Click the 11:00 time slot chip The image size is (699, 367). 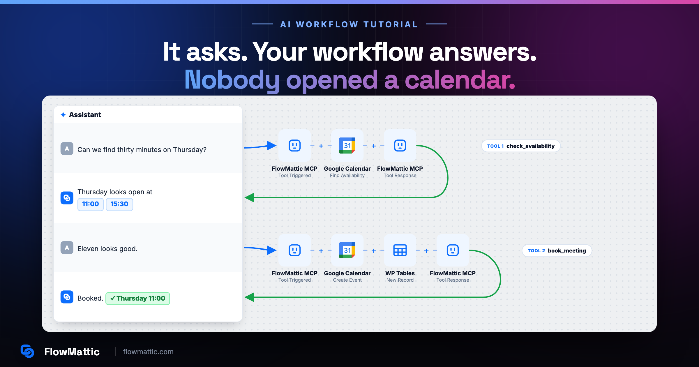coord(90,204)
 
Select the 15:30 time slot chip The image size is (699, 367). coord(119,204)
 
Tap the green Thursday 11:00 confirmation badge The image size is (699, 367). coord(137,299)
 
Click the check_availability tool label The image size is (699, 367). coord(521,146)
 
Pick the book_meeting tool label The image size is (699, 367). coord(557,250)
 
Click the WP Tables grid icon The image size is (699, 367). coord(400,250)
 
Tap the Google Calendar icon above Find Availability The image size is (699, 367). coord(347,145)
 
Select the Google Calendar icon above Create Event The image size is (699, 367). coord(347,250)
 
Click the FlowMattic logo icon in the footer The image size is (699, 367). coord(27,351)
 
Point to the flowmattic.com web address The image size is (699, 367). coord(148,352)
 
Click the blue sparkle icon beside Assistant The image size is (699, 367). coord(63,115)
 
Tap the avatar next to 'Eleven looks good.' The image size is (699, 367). coord(67,248)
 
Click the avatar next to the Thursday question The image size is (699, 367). coord(67,149)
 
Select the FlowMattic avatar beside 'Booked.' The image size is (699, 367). coord(67,297)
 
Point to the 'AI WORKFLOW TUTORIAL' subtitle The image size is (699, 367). coord(349,24)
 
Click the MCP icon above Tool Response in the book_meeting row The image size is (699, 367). coord(453,250)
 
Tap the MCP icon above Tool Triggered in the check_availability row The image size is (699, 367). coord(294,145)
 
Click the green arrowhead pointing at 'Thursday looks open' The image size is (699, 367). coord(249,197)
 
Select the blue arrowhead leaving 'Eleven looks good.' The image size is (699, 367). coord(271,250)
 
